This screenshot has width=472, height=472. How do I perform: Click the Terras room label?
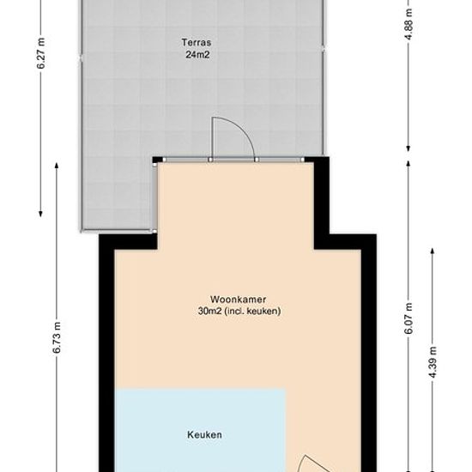(x=197, y=42)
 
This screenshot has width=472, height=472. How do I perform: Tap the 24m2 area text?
(x=197, y=55)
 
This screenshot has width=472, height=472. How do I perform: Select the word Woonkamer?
(x=238, y=300)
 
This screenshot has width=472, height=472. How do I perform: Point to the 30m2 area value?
(x=209, y=311)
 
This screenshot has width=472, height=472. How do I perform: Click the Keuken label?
(x=205, y=435)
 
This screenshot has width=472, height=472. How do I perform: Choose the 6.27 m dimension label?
(x=41, y=53)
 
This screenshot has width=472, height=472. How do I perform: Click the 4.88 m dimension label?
(x=408, y=24)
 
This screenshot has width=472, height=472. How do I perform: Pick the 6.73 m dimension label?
(x=57, y=338)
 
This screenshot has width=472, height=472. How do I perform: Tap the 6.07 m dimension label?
(x=408, y=318)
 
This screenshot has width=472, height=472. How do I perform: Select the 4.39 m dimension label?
(x=433, y=362)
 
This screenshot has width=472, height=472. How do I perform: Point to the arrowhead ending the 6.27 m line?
(x=40, y=214)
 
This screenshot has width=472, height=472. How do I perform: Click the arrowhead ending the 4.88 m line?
(x=408, y=148)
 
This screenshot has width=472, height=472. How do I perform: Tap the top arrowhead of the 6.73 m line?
(x=57, y=166)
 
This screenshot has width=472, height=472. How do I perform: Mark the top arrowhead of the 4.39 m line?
(x=433, y=251)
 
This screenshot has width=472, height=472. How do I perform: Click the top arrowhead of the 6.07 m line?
(x=408, y=163)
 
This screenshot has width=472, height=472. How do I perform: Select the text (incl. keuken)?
(x=253, y=311)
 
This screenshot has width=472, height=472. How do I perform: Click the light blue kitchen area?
(x=201, y=431)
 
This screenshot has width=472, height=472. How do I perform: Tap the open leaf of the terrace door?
(x=213, y=138)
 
